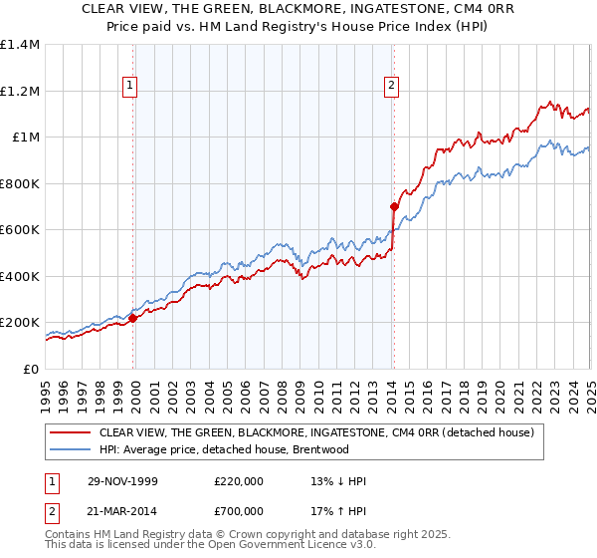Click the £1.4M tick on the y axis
pos(21,45)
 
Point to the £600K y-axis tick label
pos(20,230)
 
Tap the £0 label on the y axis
pos(31,369)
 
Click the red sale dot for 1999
pos(133,319)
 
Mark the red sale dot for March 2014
pos(394,207)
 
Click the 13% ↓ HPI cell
pos(339,481)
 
